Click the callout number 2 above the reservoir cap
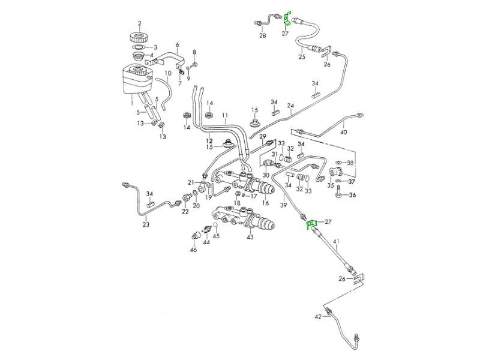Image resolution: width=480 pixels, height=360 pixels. (139, 24)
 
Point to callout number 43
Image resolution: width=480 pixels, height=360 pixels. (250, 237)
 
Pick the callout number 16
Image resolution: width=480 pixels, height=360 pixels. (265, 202)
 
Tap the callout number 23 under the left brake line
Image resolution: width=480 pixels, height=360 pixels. (145, 226)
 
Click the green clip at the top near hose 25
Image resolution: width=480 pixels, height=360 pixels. (287, 19)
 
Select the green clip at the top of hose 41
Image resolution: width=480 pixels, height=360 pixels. (311, 224)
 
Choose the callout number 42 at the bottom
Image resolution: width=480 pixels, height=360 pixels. (318, 316)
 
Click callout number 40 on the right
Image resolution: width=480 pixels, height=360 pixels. (344, 132)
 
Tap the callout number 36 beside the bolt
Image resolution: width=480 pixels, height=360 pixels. (352, 195)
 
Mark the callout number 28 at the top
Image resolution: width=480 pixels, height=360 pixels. (262, 35)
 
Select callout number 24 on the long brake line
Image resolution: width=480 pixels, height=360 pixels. (290, 106)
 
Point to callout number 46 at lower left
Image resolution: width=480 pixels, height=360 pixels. (194, 250)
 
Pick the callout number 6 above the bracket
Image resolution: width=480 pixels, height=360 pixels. (178, 44)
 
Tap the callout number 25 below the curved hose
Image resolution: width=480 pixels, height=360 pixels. (302, 57)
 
